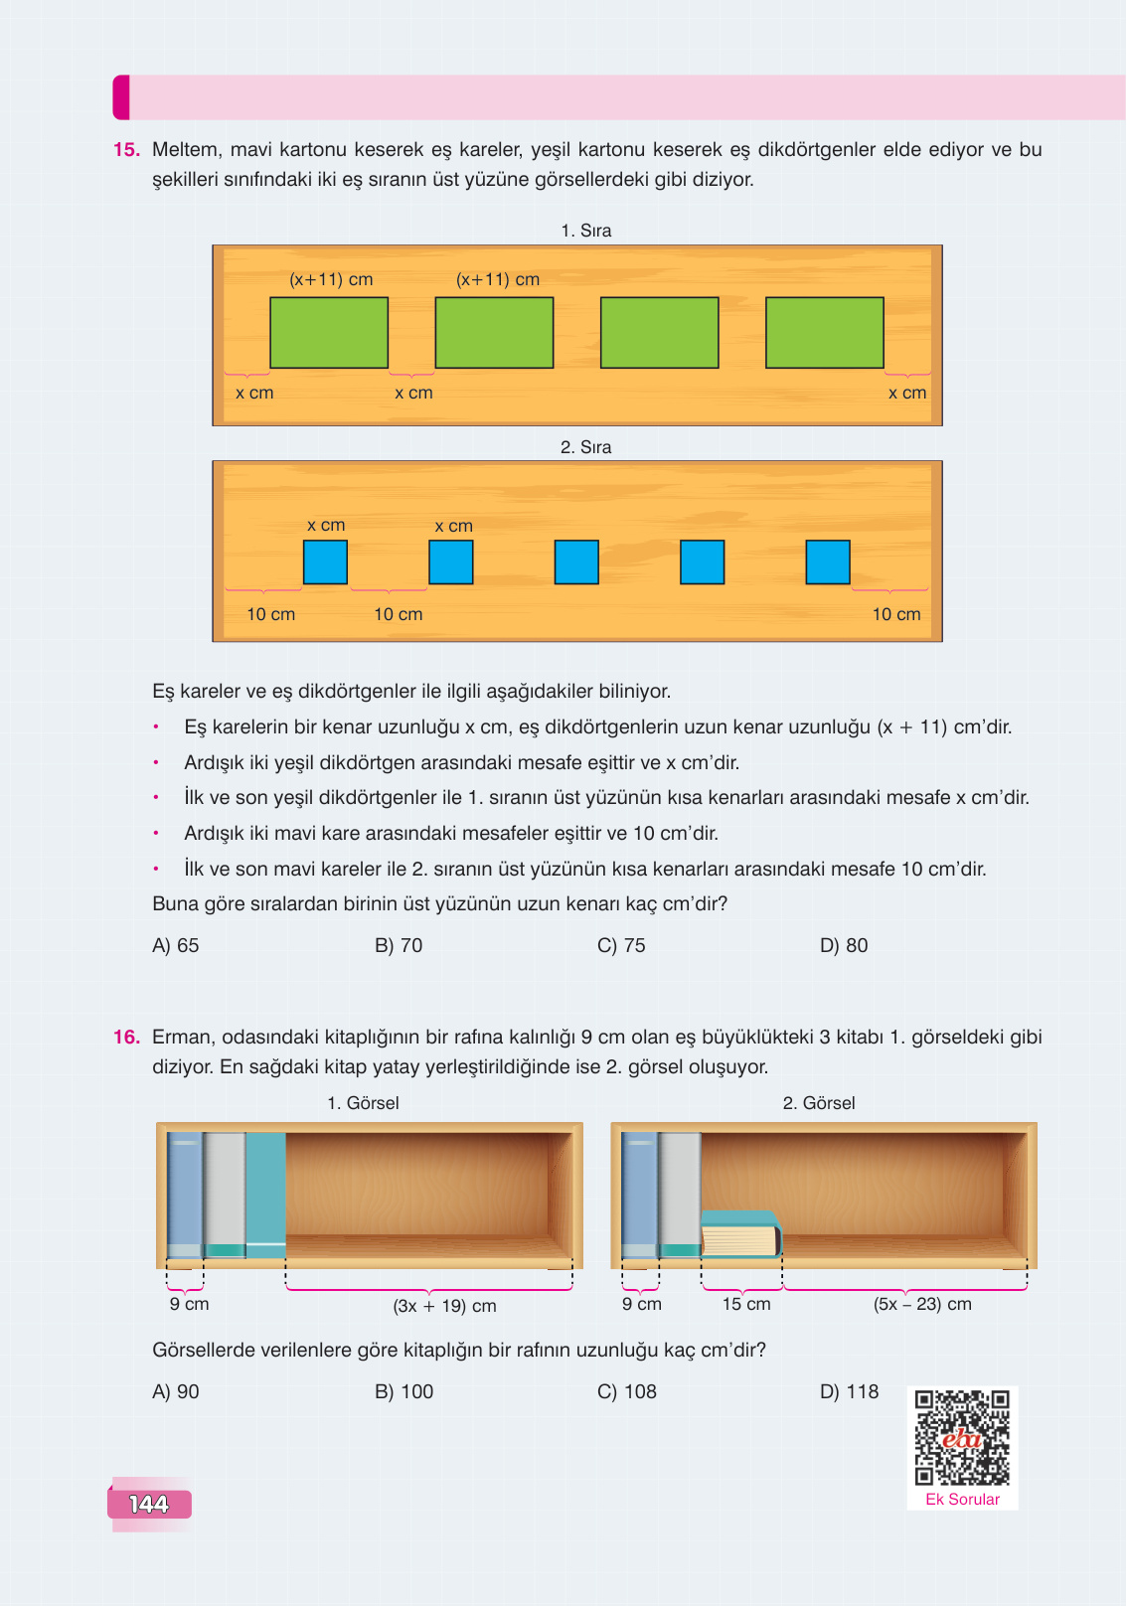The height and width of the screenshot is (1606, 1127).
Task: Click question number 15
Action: click(x=126, y=150)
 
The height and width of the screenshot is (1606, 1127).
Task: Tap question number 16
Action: click(x=126, y=1038)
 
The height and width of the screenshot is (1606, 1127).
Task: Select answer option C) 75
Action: click(x=621, y=946)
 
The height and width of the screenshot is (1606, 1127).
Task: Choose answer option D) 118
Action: click(x=849, y=1391)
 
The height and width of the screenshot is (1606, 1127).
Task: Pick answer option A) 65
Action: click(x=176, y=946)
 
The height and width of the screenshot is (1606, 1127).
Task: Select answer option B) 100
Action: click(x=403, y=1391)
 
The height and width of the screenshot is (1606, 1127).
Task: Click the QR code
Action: click(x=962, y=1438)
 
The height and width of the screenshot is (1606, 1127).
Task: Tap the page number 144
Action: click(x=149, y=1504)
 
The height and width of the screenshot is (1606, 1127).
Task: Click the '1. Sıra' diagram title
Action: click(x=585, y=231)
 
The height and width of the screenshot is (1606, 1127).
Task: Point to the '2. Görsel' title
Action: click(x=819, y=1103)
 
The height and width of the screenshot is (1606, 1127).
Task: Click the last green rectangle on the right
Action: click(x=825, y=333)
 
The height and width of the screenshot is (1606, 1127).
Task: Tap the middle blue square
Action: click(x=576, y=562)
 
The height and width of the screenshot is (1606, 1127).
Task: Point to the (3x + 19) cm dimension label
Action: click(x=444, y=1306)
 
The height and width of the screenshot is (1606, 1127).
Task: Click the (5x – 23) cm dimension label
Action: click(x=922, y=1304)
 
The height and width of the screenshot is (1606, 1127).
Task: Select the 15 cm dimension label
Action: click(x=745, y=1304)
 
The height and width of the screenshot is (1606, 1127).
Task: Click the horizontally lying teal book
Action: click(x=740, y=1234)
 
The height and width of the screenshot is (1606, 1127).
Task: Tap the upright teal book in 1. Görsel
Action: click(x=265, y=1196)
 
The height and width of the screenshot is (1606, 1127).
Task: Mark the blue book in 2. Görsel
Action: click(x=639, y=1196)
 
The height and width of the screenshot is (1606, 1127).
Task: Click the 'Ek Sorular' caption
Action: click(x=962, y=1500)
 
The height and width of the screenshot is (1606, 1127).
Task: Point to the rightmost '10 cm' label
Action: click(x=896, y=614)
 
